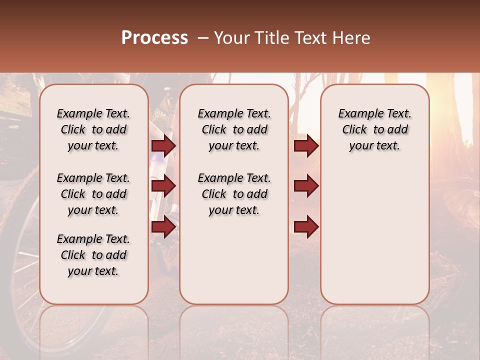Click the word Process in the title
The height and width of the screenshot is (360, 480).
coord(154,38)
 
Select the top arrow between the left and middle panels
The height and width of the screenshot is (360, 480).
coord(163,146)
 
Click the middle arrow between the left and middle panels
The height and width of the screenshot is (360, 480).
coord(163,186)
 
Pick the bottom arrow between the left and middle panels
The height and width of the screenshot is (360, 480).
coord(163,227)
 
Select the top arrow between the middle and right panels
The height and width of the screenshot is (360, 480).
coord(306,146)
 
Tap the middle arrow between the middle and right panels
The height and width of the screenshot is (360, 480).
coord(306,186)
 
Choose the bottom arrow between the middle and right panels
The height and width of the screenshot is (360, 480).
coord(306,227)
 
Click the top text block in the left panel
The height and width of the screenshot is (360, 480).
coord(93,129)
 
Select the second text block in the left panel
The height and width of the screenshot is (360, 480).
coord(93,194)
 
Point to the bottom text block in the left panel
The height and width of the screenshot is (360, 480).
coord(93,255)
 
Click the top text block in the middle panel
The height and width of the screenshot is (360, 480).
coord(234,129)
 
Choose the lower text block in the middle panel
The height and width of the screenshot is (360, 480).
coord(234,194)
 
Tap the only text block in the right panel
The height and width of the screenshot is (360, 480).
coord(374,129)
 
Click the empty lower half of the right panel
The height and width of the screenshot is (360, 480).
coord(374,240)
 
